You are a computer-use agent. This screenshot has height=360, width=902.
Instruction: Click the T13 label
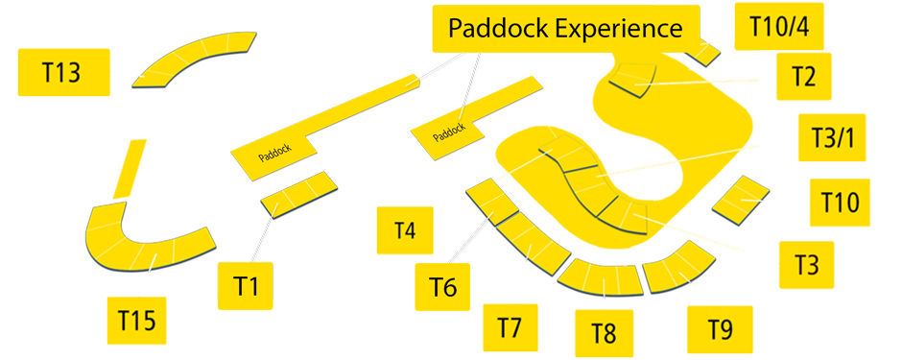[61, 72]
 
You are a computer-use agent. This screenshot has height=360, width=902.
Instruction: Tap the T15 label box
[137, 320]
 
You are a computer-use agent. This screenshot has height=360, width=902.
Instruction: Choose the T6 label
[442, 285]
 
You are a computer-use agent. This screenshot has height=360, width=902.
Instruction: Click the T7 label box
[510, 327]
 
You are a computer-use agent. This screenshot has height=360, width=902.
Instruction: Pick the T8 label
[603, 333]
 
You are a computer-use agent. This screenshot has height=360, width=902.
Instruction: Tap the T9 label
[720, 327]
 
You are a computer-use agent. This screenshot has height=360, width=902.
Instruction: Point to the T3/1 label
[832, 137]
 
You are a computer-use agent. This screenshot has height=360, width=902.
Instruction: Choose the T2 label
[803, 77]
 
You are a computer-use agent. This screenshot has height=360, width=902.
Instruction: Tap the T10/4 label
[777, 26]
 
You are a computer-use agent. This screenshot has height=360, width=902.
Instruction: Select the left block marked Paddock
[273, 154]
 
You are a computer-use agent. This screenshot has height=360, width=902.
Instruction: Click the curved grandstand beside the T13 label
[192, 60]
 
